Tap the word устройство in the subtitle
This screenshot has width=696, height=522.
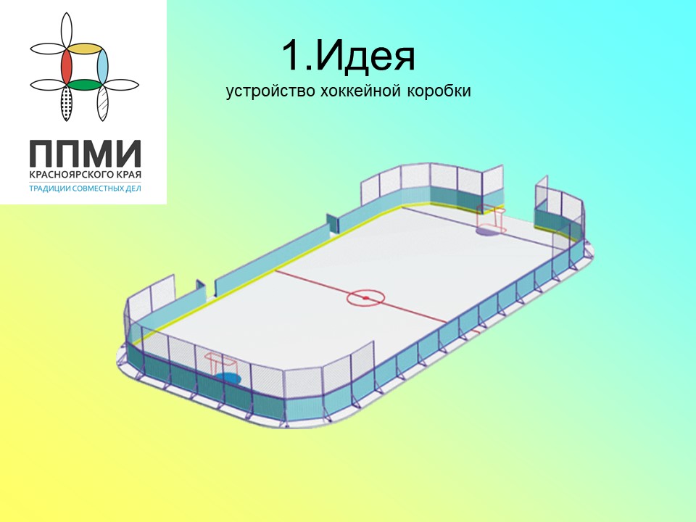pos(270,91)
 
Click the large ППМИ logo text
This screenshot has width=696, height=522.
pos(86,153)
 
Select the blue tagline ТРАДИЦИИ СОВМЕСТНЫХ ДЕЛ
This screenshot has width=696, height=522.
pos(85,188)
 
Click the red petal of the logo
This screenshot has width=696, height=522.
pos(67,66)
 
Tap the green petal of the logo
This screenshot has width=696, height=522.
pos(85,84)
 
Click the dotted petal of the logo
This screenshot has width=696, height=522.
pos(67,102)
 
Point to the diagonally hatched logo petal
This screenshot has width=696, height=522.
pos(102,102)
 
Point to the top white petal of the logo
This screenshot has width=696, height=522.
pos(67,30)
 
